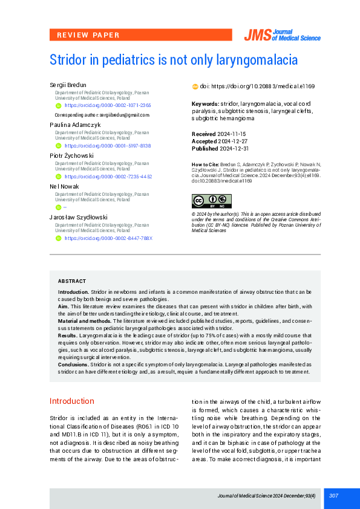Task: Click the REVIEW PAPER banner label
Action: point(88,35)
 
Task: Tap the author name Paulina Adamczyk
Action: point(74,125)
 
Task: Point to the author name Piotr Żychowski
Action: point(71,155)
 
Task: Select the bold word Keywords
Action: point(205,104)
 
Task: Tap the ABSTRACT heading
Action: point(71,281)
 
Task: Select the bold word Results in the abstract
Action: point(67,335)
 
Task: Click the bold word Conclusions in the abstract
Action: point(73,365)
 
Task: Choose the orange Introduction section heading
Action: point(72,401)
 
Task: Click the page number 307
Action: point(333,496)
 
